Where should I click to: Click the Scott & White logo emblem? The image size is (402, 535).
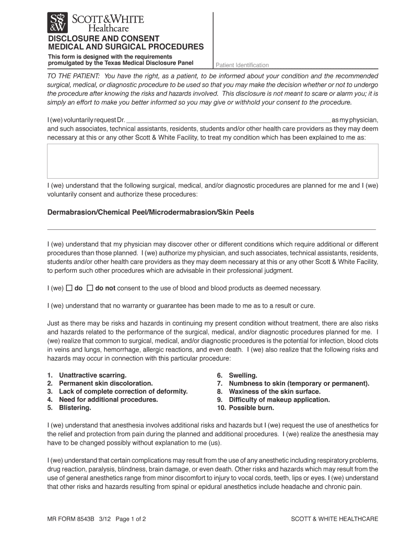point(58,23)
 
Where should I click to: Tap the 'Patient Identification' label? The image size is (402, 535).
point(242,65)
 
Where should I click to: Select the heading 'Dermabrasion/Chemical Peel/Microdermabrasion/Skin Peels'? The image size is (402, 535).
point(151,213)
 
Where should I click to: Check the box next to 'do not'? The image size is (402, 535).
point(90,288)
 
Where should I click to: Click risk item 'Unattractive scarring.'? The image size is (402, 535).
point(92,376)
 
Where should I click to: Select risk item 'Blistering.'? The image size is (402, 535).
point(75,408)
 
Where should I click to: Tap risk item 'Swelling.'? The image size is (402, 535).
point(243,376)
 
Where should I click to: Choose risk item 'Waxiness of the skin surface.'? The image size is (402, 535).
point(275,391)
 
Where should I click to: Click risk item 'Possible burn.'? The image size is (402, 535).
point(252,408)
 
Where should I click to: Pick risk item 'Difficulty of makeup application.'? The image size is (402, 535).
point(279,400)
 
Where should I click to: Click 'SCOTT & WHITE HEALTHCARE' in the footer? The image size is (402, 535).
point(334,519)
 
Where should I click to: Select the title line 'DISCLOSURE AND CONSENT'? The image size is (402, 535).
point(104,39)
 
